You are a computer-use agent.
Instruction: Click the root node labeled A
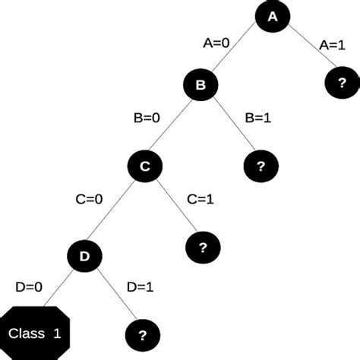(275, 17)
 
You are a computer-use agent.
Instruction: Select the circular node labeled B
(201, 86)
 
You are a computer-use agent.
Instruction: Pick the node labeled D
(85, 256)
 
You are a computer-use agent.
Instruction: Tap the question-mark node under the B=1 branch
(261, 166)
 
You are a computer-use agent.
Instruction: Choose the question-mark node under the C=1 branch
(203, 247)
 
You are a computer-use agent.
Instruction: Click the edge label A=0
(216, 43)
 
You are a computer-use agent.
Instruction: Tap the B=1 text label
(259, 118)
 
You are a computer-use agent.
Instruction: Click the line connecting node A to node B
(238, 51)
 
